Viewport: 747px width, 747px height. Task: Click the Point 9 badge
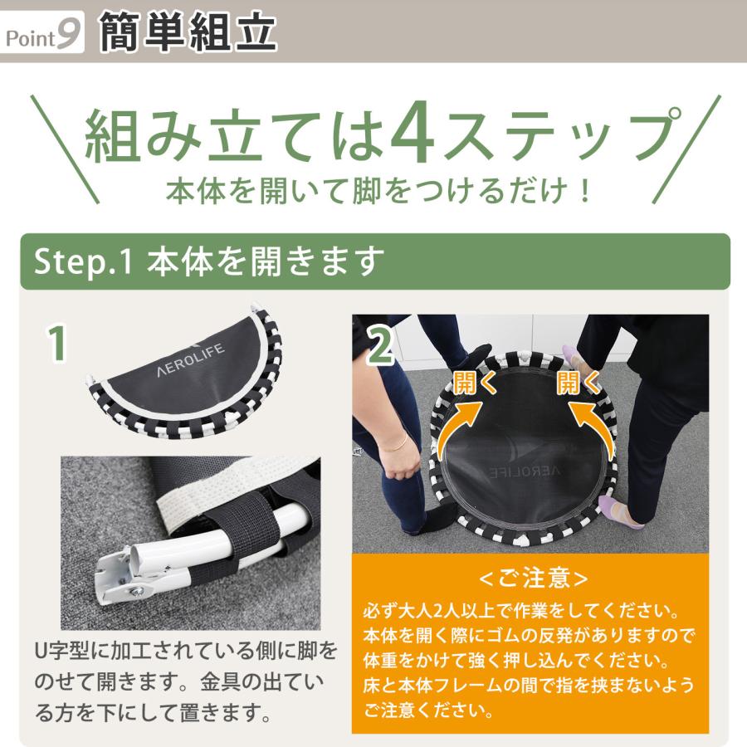[x=43, y=32]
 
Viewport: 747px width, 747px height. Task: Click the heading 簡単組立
[x=188, y=32]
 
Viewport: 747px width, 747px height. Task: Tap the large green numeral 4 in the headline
[x=413, y=131]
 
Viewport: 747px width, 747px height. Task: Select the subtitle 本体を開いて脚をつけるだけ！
[x=378, y=192]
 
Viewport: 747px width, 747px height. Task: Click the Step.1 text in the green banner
[x=82, y=261]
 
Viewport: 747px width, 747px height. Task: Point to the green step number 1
[x=57, y=344]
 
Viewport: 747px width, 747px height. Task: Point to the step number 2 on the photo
[x=381, y=347]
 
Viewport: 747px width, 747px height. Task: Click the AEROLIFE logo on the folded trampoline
[x=191, y=360]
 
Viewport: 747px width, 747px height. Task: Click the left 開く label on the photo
[x=475, y=383]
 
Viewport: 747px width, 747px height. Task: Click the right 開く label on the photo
[x=579, y=383]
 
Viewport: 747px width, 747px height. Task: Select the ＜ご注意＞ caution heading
[x=534, y=578]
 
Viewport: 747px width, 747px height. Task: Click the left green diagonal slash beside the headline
[x=65, y=149]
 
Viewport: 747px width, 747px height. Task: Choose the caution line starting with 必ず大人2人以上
[x=520, y=611]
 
